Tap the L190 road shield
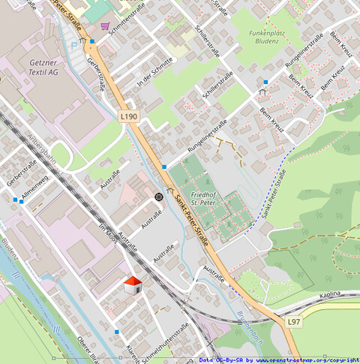click(129, 116)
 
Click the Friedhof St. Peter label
click(204, 197)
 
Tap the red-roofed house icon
click(133, 284)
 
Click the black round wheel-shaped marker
click(159, 197)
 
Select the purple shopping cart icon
click(105, 26)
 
